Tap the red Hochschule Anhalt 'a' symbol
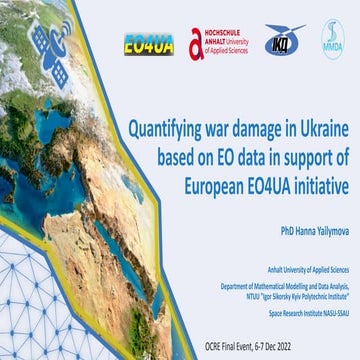(x=197, y=43)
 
